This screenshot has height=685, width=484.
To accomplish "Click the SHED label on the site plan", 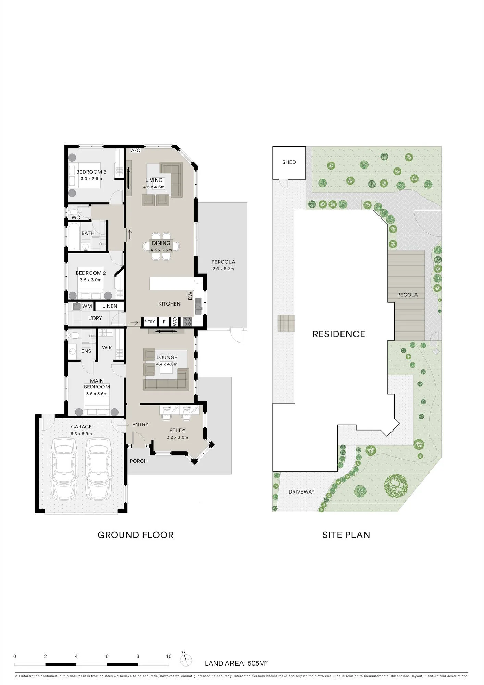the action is (289, 162).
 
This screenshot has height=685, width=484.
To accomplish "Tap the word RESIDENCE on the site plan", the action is (339, 334).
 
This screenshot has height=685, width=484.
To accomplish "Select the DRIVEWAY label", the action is (301, 492).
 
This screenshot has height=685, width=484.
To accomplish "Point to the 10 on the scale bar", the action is (169, 657).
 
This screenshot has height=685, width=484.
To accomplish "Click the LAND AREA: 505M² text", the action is (236, 664).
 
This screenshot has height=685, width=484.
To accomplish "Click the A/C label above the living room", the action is (136, 150).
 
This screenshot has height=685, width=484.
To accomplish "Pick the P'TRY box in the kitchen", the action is (150, 322).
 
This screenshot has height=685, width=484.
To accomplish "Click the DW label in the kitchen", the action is (190, 296).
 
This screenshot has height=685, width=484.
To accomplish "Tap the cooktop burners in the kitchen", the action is (187, 322).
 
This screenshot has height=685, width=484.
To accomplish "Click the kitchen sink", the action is (198, 306).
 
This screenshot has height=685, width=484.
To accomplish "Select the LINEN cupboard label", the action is (110, 306).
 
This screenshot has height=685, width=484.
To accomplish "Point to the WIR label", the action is (107, 348).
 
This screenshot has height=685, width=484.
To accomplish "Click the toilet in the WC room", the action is (73, 212).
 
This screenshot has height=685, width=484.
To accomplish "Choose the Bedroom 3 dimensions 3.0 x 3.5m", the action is (91, 179).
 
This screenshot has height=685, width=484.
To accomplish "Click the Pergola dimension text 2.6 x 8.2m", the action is (223, 269).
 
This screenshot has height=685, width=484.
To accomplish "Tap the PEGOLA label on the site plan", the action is (407, 295).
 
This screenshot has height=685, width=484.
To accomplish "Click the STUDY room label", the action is (177, 431).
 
